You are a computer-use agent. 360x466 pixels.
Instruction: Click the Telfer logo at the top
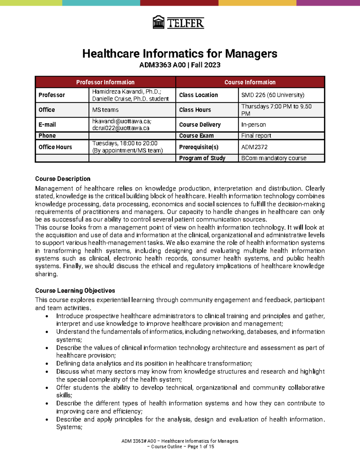pos(178,23)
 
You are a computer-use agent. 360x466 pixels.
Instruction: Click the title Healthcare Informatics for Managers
pos(180,54)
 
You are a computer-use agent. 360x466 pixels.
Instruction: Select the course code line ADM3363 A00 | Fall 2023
pos(180,65)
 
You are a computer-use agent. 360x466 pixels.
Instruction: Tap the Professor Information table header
pos(105,82)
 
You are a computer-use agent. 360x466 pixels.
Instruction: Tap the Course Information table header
pos(250,82)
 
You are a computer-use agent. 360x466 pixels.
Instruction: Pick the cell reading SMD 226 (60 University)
pos(273,95)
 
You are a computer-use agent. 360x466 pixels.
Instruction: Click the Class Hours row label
pos(195,110)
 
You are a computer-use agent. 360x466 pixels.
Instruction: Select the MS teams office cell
pos(105,110)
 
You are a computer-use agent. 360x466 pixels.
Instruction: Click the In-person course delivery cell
pos(253,125)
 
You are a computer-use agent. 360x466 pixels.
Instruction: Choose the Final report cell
pos(256,136)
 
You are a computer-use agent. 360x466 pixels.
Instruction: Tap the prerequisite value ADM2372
pos(254,147)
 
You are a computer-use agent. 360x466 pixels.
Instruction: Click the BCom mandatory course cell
pos(274,158)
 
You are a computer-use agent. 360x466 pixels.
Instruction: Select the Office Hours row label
pos(55,147)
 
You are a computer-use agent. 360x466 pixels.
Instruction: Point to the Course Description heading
pos(63,179)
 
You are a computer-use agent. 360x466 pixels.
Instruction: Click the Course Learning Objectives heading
pos(75,290)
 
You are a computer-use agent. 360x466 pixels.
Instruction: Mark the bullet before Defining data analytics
pos(47,364)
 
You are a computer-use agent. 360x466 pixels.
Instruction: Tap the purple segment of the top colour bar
pos(328,3)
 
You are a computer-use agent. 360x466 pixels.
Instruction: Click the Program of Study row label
pos(202,158)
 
